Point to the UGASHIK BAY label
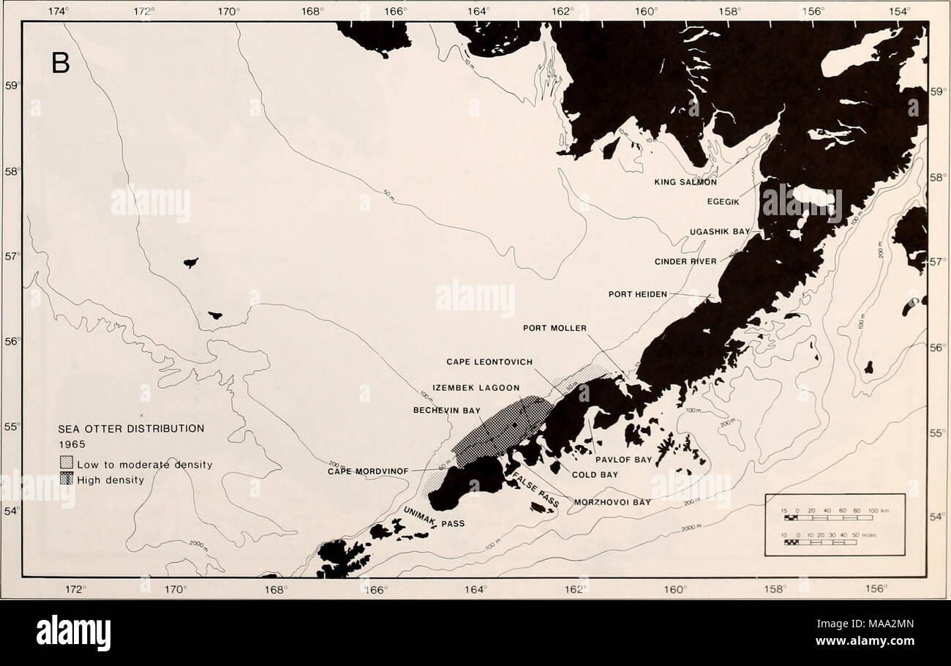(x=720, y=231)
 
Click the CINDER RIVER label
(x=685, y=261)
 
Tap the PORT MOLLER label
(x=555, y=328)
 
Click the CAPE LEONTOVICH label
(x=489, y=362)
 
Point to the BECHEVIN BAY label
(x=445, y=411)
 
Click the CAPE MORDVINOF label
(x=362, y=471)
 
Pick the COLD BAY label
(x=595, y=474)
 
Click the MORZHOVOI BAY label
(x=612, y=503)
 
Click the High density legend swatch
(x=67, y=479)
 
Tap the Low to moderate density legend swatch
(x=67, y=464)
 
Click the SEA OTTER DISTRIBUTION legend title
(x=132, y=429)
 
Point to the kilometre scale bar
(x=824, y=517)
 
